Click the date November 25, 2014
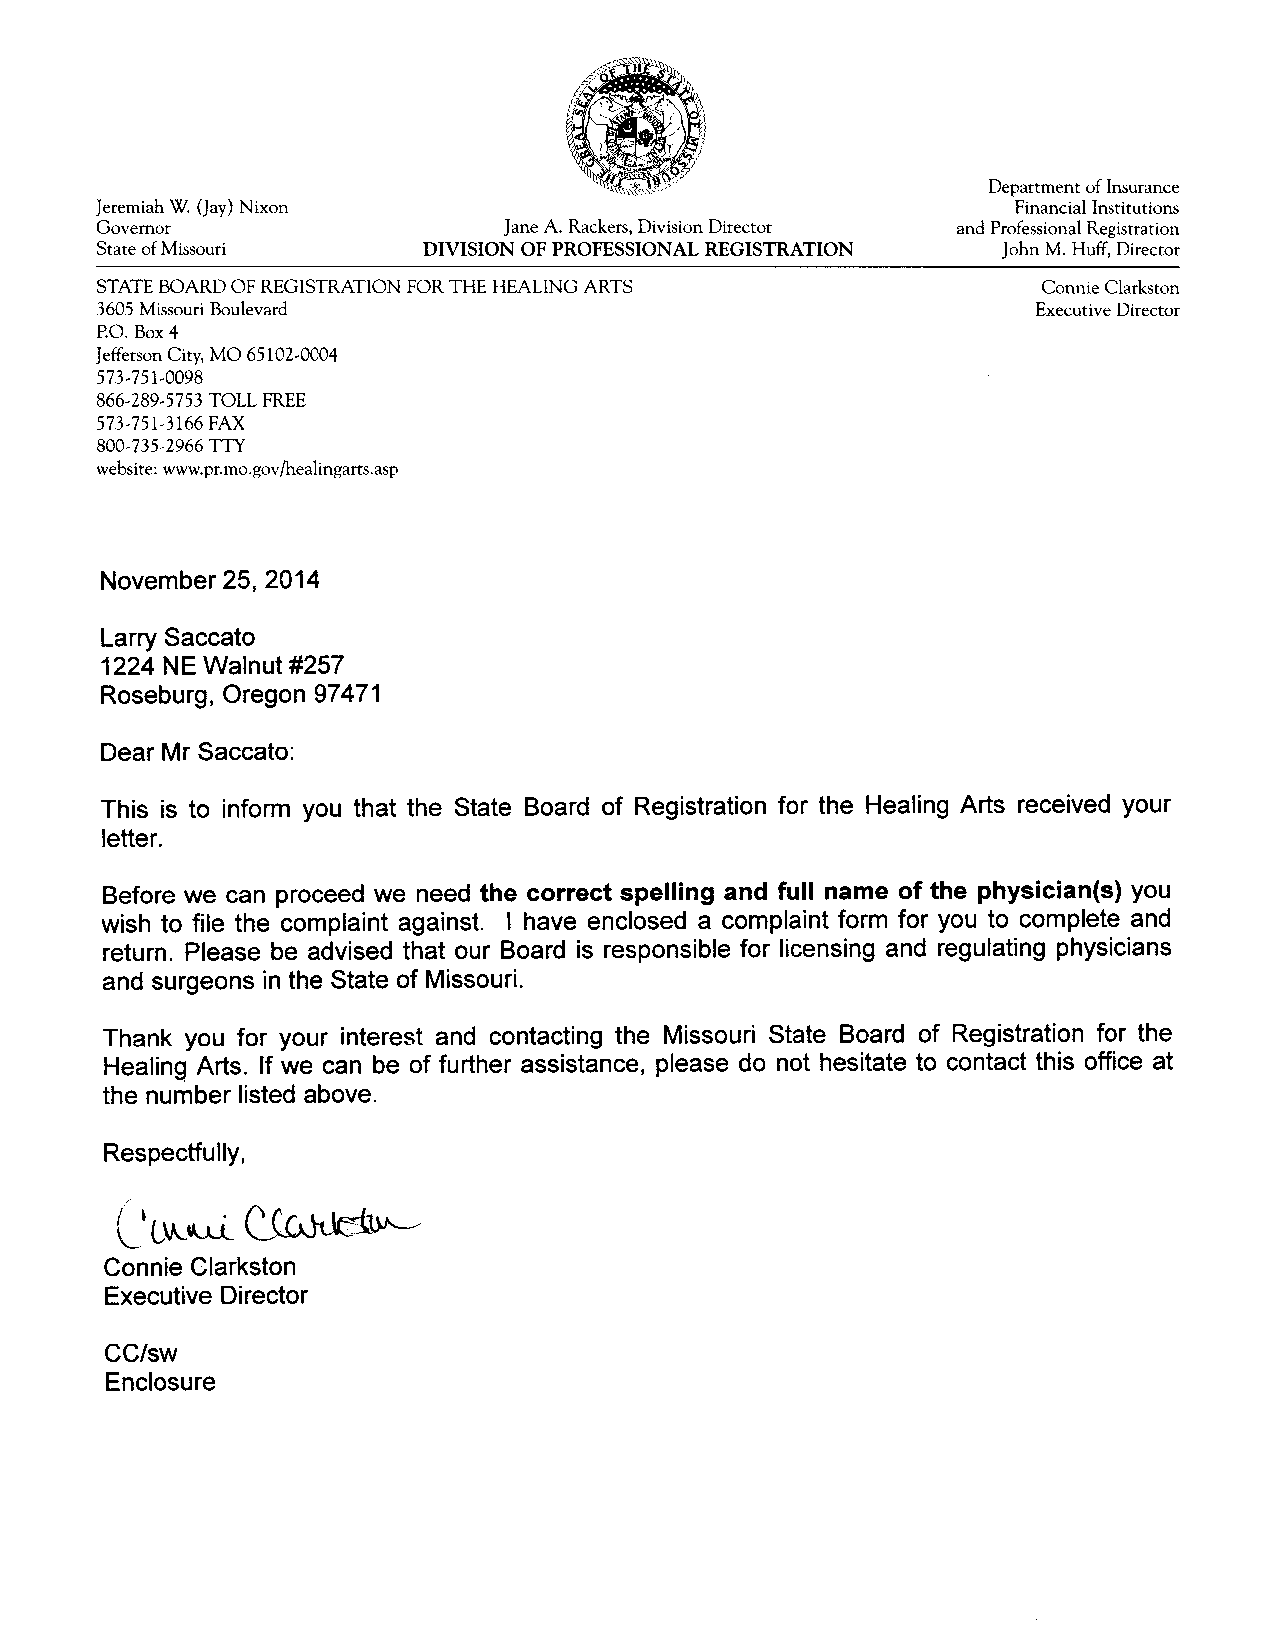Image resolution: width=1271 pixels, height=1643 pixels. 209,580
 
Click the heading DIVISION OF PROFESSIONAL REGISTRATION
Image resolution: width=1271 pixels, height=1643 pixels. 637,250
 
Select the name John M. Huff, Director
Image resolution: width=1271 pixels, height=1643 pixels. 1091,250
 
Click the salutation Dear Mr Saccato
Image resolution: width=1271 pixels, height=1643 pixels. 197,752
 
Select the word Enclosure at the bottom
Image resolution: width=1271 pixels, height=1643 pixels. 159,1382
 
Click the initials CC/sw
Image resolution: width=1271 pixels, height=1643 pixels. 141,1353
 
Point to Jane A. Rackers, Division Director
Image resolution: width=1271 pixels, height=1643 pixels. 637,227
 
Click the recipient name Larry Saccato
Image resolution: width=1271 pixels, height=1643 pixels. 177,637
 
